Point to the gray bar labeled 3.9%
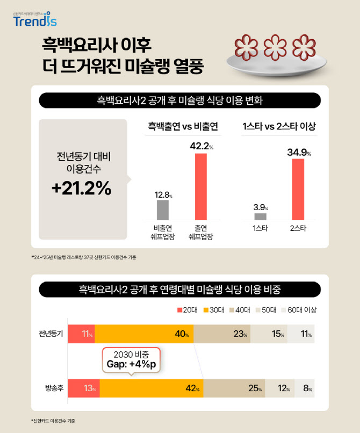(260, 216)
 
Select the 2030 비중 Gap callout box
(131, 360)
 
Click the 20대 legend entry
(186, 310)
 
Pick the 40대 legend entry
(241, 310)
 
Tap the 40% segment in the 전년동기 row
(145, 334)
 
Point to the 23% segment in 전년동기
(222, 334)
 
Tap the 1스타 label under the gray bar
(261, 228)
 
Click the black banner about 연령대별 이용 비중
(179, 290)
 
